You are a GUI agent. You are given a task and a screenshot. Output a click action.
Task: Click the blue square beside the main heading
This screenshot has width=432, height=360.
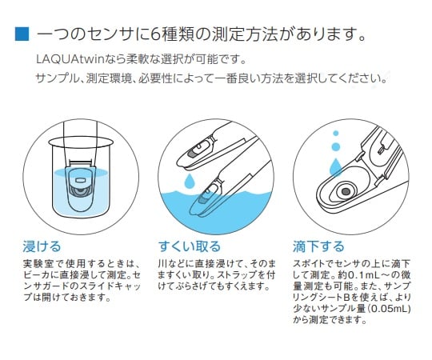pyautogui.click(x=22, y=34)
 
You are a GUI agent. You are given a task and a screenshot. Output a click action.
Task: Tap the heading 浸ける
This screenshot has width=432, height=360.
pyautogui.click(x=42, y=246)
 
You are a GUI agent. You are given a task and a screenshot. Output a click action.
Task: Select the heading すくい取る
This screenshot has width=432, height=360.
pyautogui.click(x=190, y=246)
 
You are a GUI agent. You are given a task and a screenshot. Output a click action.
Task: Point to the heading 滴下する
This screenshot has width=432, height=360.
pyautogui.click(x=318, y=246)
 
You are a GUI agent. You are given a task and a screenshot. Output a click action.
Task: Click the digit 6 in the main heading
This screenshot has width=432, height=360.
pyautogui.click(x=156, y=34)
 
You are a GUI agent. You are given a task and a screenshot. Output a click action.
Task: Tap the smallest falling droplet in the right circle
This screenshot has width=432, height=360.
pyautogui.click(x=335, y=134)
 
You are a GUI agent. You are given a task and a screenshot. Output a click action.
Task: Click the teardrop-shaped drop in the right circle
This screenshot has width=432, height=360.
pyautogui.click(x=335, y=166)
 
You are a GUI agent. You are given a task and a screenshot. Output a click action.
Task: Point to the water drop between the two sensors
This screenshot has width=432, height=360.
pyautogui.click(x=189, y=181)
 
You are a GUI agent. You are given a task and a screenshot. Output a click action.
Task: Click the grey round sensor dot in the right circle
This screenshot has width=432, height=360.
pyautogui.click(x=346, y=191)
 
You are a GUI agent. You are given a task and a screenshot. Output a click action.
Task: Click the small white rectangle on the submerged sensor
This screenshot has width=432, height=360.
pyautogui.click(x=80, y=180)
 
